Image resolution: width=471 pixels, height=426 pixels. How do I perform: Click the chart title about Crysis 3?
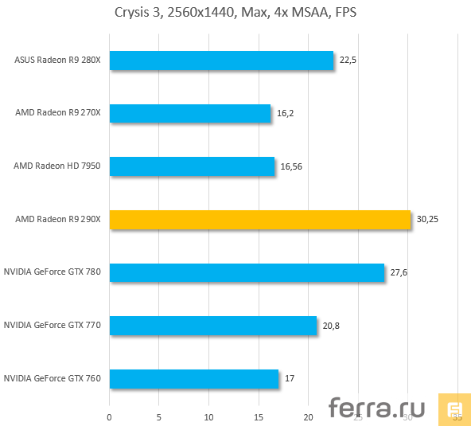coord(235,14)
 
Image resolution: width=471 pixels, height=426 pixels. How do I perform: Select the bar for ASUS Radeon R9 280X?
coord(221,61)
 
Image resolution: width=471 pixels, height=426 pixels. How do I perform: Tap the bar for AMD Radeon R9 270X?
coord(190,113)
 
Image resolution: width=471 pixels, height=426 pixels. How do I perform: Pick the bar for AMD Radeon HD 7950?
coord(192,166)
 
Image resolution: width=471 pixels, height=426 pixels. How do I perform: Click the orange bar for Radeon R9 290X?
coord(259,220)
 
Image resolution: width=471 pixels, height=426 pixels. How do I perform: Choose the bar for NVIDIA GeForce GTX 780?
coord(247,272)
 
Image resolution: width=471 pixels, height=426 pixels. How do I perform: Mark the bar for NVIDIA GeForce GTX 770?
coord(212,326)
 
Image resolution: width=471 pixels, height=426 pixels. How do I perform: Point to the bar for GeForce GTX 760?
coord(194,378)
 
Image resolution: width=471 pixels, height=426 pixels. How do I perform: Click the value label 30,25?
coord(426,220)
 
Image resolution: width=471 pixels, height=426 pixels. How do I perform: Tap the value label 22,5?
coord(348,61)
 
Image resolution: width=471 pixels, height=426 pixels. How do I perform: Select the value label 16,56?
coord(290,166)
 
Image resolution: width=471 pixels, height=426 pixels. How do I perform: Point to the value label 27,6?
coord(399,272)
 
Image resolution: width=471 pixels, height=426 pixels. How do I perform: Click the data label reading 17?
coord(289,378)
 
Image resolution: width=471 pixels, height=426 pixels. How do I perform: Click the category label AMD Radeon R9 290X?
coord(58,220)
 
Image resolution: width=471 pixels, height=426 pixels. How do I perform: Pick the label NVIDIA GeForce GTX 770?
coord(53,326)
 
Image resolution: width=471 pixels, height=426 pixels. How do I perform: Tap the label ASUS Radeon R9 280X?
coord(58,61)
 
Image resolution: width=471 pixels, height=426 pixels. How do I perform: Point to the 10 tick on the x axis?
coord(208,416)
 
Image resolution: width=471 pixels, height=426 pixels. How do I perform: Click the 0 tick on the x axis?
coord(110,416)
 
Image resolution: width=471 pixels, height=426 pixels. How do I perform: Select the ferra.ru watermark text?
coord(377,408)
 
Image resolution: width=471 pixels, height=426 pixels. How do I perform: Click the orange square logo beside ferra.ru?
coord(453,408)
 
